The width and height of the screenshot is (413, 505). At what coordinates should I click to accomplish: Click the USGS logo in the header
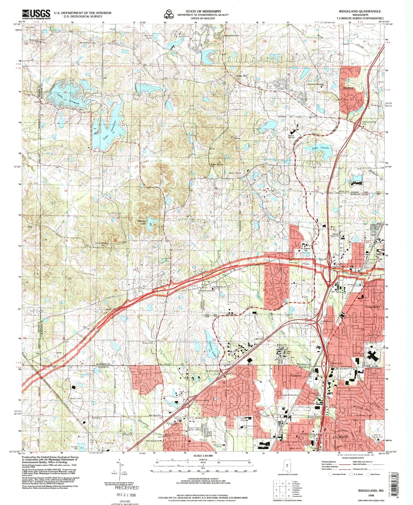[36, 14]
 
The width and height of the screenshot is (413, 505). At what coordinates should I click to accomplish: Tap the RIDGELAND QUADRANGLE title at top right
[360, 11]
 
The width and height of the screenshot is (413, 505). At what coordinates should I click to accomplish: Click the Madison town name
[348, 88]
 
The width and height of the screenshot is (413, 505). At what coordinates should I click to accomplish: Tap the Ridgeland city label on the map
[372, 306]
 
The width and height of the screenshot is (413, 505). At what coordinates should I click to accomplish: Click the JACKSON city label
[340, 437]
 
